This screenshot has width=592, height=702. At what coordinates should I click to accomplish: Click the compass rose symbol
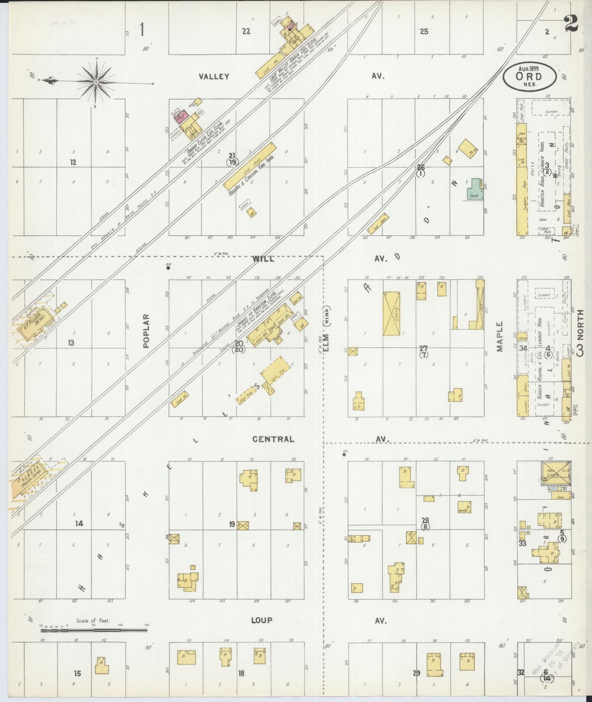[96, 82]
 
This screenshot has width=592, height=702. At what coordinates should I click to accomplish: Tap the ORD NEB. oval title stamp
[529, 77]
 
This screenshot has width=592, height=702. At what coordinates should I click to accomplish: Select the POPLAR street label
[147, 331]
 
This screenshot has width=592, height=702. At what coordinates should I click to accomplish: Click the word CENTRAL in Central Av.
[273, 439]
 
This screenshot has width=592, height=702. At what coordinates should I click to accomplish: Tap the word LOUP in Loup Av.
[261, 620]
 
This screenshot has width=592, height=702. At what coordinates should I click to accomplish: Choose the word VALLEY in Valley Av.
[214, 76]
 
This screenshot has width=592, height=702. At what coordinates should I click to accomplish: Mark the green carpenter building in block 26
[475, 189]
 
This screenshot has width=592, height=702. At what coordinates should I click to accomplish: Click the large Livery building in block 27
[391, 314]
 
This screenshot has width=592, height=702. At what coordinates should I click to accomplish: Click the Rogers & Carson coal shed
[250, 165]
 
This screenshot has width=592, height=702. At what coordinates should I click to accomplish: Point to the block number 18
[241, 673]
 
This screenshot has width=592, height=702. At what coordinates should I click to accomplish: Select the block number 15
[77, 673]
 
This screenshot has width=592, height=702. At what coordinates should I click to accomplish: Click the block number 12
[73, 162]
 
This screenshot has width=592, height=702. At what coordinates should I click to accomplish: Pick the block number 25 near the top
[424, 31]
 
